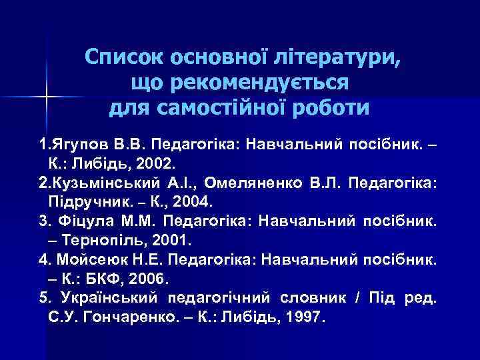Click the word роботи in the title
point(333,107)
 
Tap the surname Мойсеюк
point(83,257)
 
